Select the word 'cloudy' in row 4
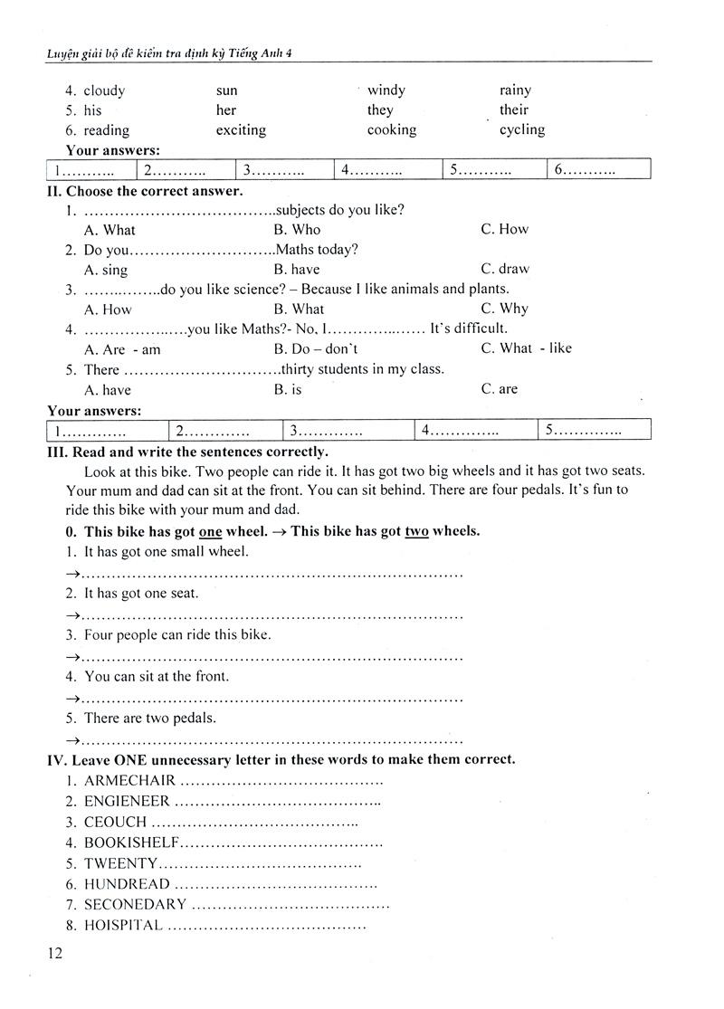(x=104, y=90)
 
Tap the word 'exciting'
(x=241, y=130)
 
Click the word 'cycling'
(x=522, y=129)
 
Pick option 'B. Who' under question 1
(x=297, y=230)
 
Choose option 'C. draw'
(x=505, y=269)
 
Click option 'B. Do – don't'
(x=316, y=348)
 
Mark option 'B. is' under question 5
(x=288, y=389)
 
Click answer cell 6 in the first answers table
(x=597, y=170)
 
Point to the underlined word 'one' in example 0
(x=210, y=531)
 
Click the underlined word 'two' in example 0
(x=416, y=531)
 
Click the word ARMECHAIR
(x=129, y=780)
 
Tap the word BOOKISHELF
(x=132, y=842)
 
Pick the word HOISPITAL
(x=123, y=925)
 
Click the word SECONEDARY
(x=135, y=904)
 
